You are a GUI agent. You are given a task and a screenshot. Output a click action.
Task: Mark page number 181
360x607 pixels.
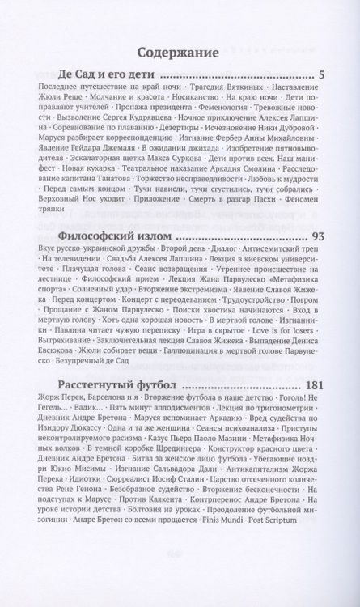pyautogui.click(x=312, y=384)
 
